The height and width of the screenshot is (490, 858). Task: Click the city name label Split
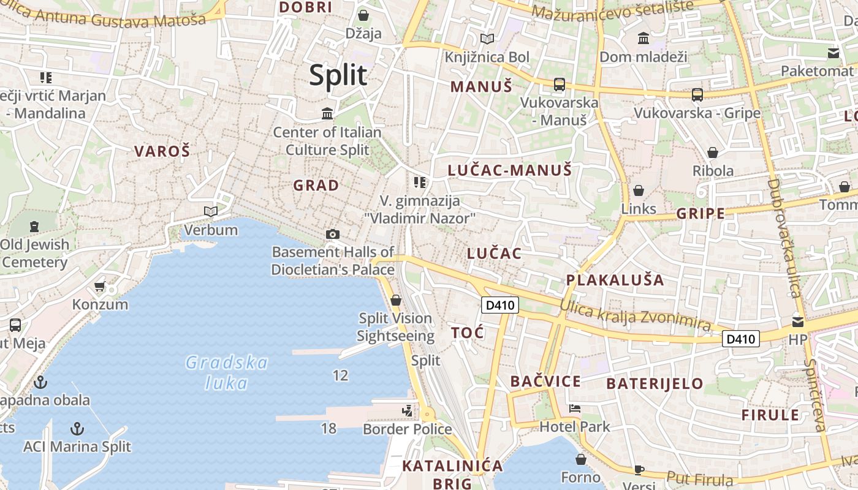338,75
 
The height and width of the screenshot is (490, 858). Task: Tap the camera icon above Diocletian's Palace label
333,234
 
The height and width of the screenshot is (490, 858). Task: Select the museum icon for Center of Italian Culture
327,113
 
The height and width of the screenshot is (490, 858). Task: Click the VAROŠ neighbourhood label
162,151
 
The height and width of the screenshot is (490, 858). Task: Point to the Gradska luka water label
227,372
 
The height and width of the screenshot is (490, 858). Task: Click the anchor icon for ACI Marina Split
77,428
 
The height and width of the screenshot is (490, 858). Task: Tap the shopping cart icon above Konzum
100,286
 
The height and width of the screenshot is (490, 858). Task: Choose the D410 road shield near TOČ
500,304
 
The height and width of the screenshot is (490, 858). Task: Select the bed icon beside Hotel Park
574,409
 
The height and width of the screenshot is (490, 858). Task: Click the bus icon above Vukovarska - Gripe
697,94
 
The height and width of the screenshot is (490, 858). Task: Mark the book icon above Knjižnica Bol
487,39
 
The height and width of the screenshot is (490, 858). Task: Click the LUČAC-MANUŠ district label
509,170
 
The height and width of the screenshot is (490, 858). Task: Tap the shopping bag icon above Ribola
713,152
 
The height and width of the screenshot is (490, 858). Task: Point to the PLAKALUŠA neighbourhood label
615,280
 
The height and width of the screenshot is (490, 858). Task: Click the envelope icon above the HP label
798,321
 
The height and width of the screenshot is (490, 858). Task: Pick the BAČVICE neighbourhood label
545,382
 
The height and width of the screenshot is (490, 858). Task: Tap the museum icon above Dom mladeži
643,39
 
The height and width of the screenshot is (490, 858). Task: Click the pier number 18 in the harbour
329,428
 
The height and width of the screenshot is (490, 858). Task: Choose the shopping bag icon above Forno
581,459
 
